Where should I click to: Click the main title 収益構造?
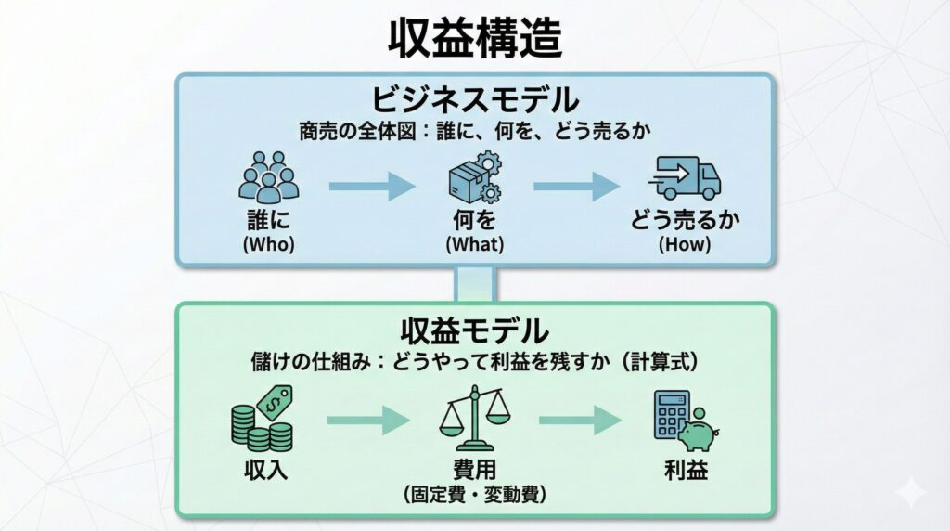(x=474, y=39)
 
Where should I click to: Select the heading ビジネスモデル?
(x=475, y=99)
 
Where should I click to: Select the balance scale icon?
(x=474, y=418)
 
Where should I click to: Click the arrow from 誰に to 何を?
(x=372, y=186)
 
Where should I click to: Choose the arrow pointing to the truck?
(x=575, y=186)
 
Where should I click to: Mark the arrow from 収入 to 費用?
(x=367, y=421)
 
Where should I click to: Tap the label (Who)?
(x=268, y=245)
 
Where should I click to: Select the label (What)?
(x=474, y=245)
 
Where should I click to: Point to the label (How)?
(x=685, y=245)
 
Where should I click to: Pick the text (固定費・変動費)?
(x=474, y=494)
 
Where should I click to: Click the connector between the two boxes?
(x=475, y=284)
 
